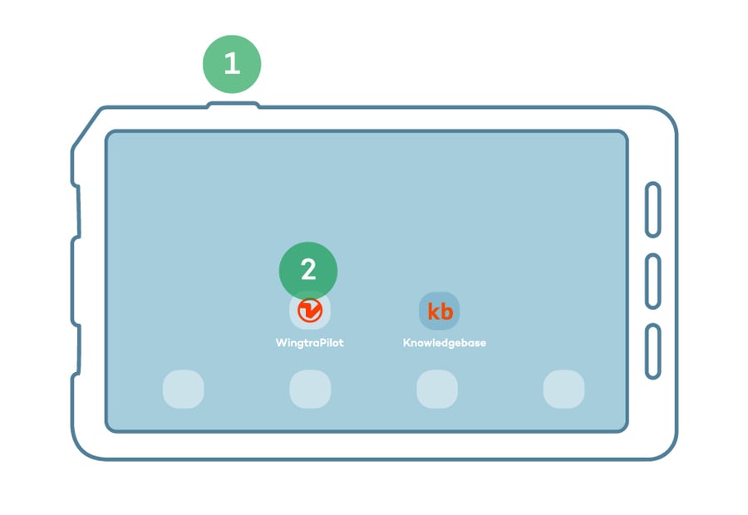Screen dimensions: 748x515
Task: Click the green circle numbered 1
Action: (x=232, y=64)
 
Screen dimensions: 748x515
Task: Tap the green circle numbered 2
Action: (x=308, y=271)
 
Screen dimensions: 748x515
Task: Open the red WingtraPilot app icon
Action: (x=310, y=311)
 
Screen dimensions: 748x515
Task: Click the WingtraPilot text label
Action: (x=310, y=343)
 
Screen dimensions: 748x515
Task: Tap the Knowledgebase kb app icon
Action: (x=440, y=311)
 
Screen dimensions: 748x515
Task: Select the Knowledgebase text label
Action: (x=445, y=343)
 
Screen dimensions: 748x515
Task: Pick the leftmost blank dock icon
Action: (x=183, y=389)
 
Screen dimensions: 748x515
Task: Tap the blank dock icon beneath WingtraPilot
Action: (x=310, y=389)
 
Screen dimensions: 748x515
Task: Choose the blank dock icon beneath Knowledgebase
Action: (x=437, y=389)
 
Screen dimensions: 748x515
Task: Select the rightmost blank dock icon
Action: (x=563, y=389)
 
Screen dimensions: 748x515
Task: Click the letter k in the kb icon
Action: (x=433, y=311)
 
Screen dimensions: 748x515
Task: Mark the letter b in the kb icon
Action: (x=446, y=311)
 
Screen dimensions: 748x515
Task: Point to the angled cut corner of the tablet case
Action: (x=86, y=126)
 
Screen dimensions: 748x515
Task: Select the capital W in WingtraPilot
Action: (x=281, y=342)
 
